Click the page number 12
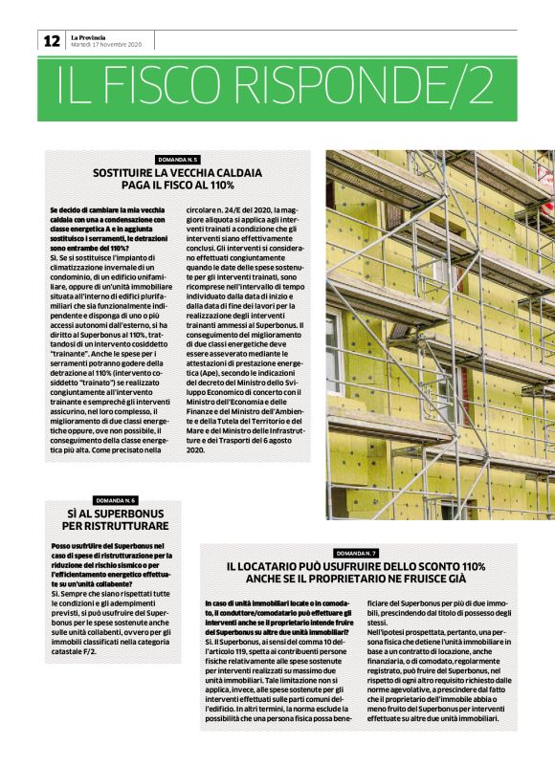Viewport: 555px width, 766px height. pos(51,40)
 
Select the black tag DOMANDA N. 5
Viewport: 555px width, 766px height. pos(177,159)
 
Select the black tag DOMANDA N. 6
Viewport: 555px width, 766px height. pos(118,500)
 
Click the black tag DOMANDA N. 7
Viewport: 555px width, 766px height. pos(356,554)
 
